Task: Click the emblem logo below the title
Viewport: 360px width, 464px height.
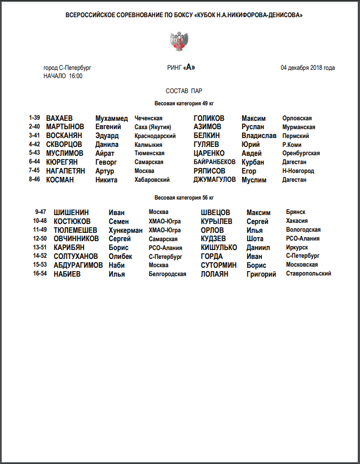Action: tap(179, 40)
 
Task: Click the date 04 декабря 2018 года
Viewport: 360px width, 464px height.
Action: tap(307, 68)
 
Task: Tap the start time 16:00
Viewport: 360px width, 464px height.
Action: tap(76, 76)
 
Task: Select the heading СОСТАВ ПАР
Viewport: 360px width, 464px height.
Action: tap(180, 90)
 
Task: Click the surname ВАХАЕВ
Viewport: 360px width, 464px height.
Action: tap(59, 119)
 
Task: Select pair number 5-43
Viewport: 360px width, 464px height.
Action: tap(35, 153)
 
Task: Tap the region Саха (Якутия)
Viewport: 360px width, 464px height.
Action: tap(153, 127)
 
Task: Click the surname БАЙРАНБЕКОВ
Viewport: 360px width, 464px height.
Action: tap(215, 162)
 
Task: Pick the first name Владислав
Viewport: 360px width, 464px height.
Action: tap(259, 136)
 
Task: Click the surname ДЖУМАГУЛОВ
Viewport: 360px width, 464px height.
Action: tap(215, 180)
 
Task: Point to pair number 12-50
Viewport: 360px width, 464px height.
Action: tap(40, 238)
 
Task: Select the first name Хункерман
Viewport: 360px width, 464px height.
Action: tap(126, 230)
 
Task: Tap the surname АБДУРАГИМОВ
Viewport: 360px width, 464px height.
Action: tap(78, 265)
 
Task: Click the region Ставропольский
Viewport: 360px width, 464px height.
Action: tap(308, 274)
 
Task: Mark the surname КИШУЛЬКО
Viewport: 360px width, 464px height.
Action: tap(219, 247)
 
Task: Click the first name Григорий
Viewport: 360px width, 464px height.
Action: tap(261, 274)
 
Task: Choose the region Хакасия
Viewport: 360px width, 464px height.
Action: tap(298, 221)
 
